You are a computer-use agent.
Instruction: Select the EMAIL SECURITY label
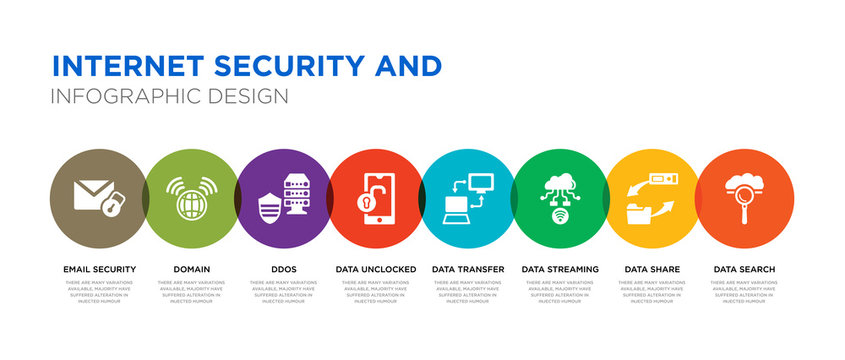pyautogui.click(x=99, y=269)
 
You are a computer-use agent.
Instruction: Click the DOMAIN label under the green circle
pyautogui.click(x=191, y=269)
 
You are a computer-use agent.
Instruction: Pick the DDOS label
pyautogui.click(x=283, y=269)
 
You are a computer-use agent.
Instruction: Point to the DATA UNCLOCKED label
pyautogui.click(x=375, y=269)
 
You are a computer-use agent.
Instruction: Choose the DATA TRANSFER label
pyautogui.click(x=468, y=269)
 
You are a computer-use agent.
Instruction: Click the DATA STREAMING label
pyautogui.click(x=560, y=269)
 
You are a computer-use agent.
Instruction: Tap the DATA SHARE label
pyautogui.click(x=652, y=269)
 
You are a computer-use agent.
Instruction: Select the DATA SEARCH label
pyautogui.click(x=744, y=269)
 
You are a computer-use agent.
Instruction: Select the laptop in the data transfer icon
pyautogui.click(x=456, y=208)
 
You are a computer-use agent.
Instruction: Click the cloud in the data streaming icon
pyautogui.click(x=560, y=184)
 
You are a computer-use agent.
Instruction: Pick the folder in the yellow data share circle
pyautogui.click(x=637, y=211)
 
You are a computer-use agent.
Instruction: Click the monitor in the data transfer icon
pyautogui.click(x=480, y=181)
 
